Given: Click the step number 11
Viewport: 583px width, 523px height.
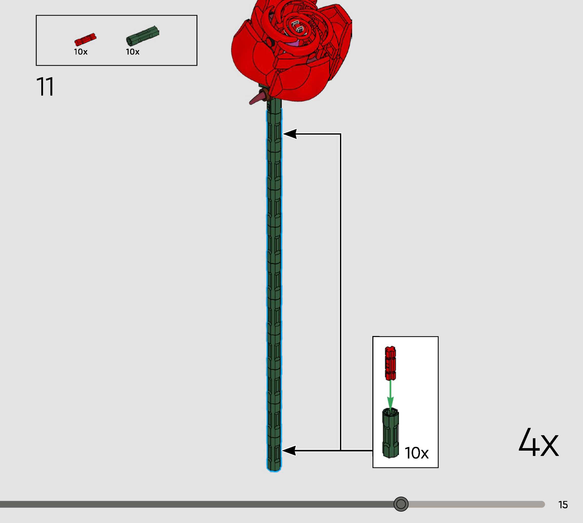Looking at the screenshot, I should tap(45, 87).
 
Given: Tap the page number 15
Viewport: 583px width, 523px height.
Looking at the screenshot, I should tap(563, 505).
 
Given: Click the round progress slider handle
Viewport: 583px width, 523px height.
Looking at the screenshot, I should tap(401, 504).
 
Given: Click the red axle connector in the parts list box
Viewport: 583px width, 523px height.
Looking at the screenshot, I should tap(85, 40).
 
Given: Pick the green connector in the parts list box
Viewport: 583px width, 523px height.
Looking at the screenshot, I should tap(142, 35).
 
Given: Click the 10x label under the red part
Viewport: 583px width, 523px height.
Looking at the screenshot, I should tap(81, 52).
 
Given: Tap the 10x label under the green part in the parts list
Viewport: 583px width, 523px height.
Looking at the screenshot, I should tap(133, 52).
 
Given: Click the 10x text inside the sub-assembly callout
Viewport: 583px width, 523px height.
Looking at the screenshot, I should tap(416, 453).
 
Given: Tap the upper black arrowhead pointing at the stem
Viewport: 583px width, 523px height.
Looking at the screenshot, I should tap(290, 134).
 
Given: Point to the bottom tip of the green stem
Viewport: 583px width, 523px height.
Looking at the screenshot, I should tap(274, 469).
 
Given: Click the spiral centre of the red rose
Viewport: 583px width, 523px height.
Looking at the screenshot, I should tap(296, 27).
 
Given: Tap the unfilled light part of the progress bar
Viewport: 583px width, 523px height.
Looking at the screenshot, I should tap(474, 504).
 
